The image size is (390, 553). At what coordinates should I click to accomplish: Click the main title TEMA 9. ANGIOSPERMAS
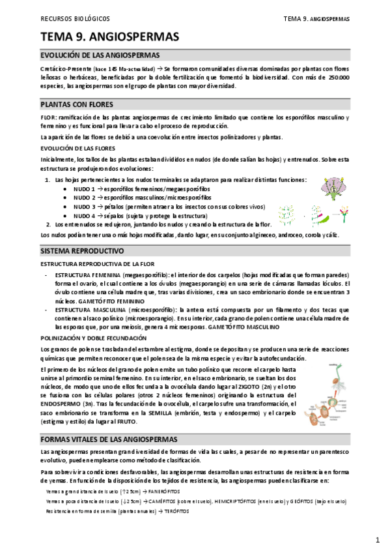(x=109, y=37)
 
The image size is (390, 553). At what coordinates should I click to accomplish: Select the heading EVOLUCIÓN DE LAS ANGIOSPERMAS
(x=100, y=55)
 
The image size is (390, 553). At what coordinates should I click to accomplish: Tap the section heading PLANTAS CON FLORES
(x=77, y=104)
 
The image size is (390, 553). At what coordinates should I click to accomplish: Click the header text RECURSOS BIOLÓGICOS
(x=75, y=19)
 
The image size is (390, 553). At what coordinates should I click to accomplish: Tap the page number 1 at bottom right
(x=378, y=540)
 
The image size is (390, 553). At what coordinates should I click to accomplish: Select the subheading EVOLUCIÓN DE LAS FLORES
(x=75, y=148)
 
